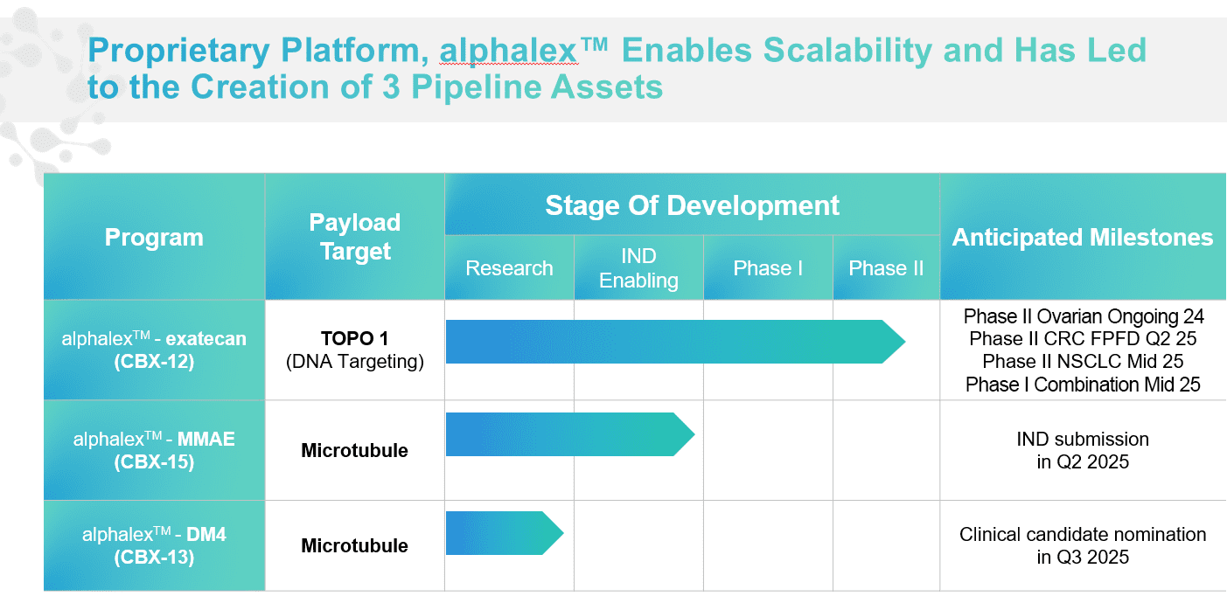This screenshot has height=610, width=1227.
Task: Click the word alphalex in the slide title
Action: point(508,51)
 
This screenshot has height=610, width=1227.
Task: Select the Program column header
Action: point(154,237)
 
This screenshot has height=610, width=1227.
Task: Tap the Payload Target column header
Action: point(355,237)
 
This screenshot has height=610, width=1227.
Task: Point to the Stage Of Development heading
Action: point(692,205)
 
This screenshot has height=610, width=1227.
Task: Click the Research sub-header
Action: point(509,267)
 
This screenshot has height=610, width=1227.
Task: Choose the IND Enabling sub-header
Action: point(638,267)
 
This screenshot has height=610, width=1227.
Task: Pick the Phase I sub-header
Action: point(768,267)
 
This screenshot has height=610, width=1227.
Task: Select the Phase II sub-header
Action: point(886,267)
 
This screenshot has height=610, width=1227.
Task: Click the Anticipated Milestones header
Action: point(1083,237)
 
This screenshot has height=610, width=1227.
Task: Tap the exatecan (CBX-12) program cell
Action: point(154,350)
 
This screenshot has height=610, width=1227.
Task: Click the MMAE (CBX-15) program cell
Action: point(154,450)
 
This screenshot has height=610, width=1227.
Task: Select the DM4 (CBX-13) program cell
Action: point(154,545)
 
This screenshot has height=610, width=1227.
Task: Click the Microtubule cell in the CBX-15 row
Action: point(355,450)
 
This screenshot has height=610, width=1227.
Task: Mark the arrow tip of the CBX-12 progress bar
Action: point(905,342)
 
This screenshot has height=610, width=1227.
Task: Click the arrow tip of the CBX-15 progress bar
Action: point(694,434)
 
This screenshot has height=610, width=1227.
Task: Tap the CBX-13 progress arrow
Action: point(505,533)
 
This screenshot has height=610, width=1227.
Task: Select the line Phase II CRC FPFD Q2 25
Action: point(1083,338)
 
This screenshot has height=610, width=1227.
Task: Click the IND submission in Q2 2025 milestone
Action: point(1083,450)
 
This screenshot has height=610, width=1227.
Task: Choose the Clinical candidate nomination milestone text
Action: point(1083,545)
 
